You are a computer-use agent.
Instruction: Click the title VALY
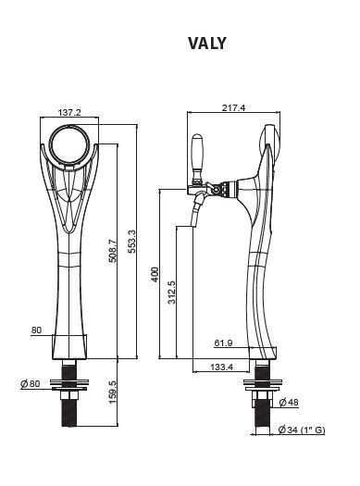pyautogui.click(x=207, y=44)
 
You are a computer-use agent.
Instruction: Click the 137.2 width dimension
pyautogui.click(x=69, y=112)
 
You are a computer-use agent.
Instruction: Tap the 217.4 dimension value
pyautogui.click(x=233, y=107)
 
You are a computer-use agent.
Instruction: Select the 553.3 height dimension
pyautogui.click(x=132, y=242)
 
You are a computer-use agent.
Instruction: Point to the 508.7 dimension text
pyautogui.click(x=113, y=251)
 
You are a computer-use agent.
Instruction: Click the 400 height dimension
pyautogui.click(x=155, y=274)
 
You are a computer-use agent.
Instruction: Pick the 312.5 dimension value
pyautogui.click(x=171, y=293)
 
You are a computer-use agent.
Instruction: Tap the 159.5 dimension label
pyautogui.click(x=113, y=393)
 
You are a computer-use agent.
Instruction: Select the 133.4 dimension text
pyautogui.click(x=221, y=367)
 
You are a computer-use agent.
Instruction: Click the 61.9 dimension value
pyautogui.click(x=223, y=343)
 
